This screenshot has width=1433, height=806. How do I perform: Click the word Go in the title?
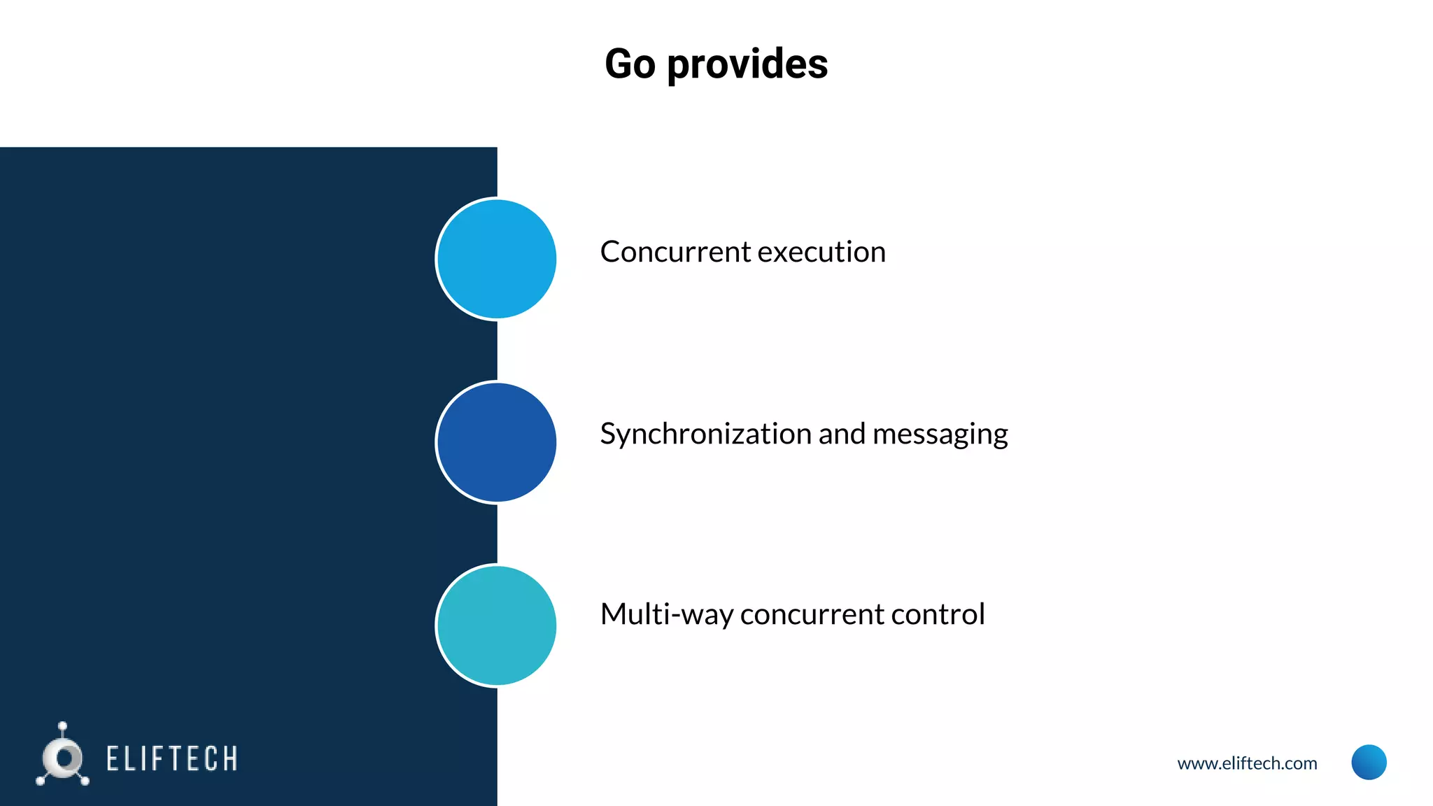630,64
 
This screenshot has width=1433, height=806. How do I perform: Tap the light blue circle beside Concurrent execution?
496,259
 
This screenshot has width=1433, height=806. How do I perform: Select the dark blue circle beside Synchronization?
496,442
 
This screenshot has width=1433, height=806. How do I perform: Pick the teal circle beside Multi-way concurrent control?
496,625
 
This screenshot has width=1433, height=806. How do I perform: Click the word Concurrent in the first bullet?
675,252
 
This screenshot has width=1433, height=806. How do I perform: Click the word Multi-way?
665,615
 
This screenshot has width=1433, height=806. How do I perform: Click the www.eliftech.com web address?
1247,763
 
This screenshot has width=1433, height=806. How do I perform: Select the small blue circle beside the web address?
1369,762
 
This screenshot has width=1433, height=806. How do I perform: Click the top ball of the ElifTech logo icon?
63,726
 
